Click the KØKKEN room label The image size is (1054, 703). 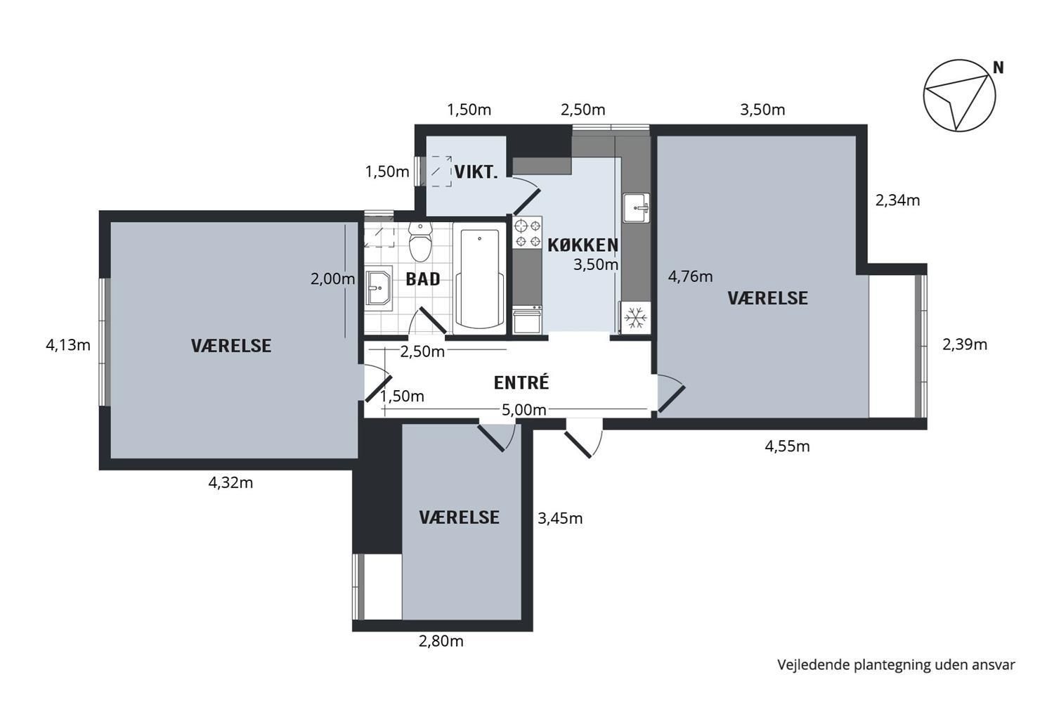pos(583,245)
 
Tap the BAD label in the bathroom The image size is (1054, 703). pos(423,279)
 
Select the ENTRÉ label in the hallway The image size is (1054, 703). pos(521,382)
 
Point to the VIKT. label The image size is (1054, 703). pos(476,172)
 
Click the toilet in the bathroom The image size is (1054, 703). pos(420,242)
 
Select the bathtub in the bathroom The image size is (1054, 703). pos(479,279)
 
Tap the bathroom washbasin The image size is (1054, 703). pos(379,288)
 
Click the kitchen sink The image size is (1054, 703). pos(636,207)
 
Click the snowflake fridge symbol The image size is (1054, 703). pos(636,318)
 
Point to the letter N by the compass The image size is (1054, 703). pos(998,68)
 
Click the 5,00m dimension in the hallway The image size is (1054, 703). pos(523,410)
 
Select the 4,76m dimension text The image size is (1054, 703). pos(690,276)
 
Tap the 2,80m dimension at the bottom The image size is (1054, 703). pos(441,641)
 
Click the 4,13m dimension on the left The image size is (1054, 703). pos(67,345)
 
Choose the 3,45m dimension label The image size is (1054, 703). pos(560,518)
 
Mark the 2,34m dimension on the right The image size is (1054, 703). pos(897,200)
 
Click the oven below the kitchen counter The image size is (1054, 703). pos(527,320)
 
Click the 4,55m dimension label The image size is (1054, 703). pos(787,446)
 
